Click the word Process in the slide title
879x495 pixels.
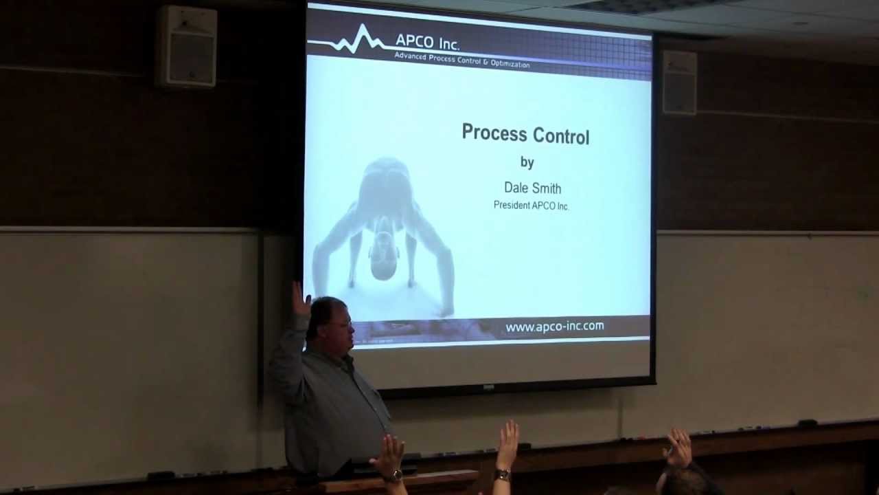point(490,133)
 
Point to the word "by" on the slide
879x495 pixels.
point(527,163)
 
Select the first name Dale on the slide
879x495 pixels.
point(517,188)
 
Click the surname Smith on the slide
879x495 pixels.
point(547,188)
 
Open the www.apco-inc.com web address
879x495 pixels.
point(554,327)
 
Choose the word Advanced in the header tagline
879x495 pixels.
point(410,55)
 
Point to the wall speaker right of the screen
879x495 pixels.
point(679,82)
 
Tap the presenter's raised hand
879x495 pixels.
point(300,299)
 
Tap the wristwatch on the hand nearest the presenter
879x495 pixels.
point(393,476)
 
